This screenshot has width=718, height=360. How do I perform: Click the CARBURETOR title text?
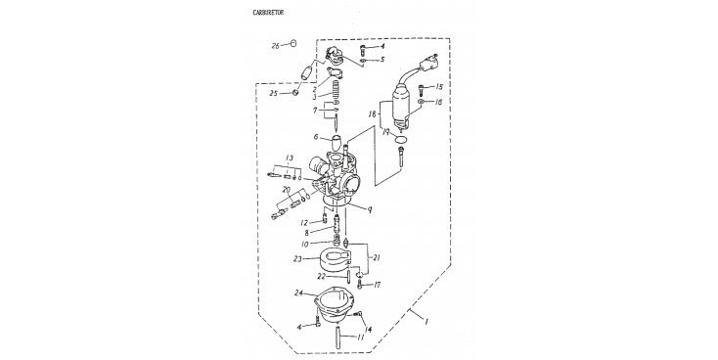point(268,13)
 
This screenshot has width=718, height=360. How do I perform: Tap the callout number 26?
point(276,46)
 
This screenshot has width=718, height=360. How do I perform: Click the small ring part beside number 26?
point(293,43)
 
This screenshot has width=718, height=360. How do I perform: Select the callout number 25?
point(273,94)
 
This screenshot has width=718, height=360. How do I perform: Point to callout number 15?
point(439,87)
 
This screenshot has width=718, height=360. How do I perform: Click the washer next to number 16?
point(422,101)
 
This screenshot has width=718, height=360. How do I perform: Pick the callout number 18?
point(372,113)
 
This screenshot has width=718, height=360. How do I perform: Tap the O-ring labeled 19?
point(401,139)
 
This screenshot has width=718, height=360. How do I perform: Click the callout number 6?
point(316,137)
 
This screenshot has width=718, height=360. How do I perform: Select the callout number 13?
point(289,158)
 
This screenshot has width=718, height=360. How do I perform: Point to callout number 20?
point(287,189)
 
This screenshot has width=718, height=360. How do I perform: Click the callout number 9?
point(369,209)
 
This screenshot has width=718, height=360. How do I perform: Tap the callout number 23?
point(297,259)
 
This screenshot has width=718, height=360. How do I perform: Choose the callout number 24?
point(299,292)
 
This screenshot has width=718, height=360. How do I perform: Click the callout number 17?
point(377,285)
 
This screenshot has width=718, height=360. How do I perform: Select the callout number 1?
point(426,322)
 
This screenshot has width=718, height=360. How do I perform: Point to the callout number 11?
point(360,337)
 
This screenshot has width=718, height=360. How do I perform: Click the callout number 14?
point(368,329)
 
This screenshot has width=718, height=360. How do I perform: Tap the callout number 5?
point(382,60)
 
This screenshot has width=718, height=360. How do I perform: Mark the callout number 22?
point(322,276)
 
